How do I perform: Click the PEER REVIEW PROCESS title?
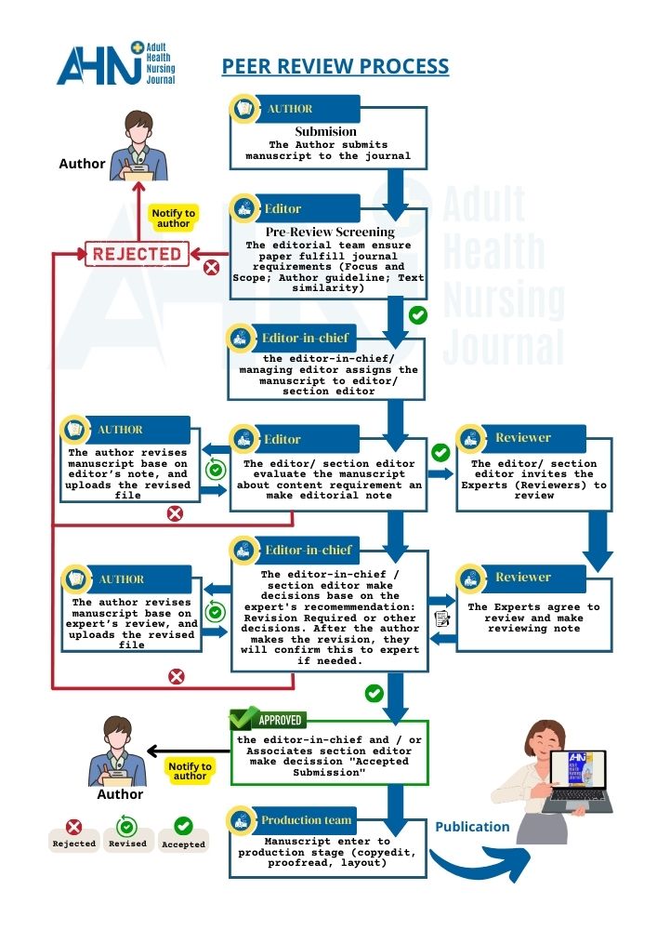point(335,67)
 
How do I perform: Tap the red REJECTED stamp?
point(137,253)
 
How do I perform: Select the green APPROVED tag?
point(269,720)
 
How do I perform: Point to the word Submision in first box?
point(325,132)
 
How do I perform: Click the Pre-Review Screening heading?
point(330,232)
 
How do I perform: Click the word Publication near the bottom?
point(473,827)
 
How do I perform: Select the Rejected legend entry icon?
point(73,826)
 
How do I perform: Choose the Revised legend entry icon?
point(127,825)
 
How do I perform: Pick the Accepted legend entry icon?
point(183,825)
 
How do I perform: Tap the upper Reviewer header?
point(522,438)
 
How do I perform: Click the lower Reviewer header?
point(522,578)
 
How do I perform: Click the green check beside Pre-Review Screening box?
point(418,315)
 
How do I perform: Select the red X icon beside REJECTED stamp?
point(211,268)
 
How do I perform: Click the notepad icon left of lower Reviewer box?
point(442,618)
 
